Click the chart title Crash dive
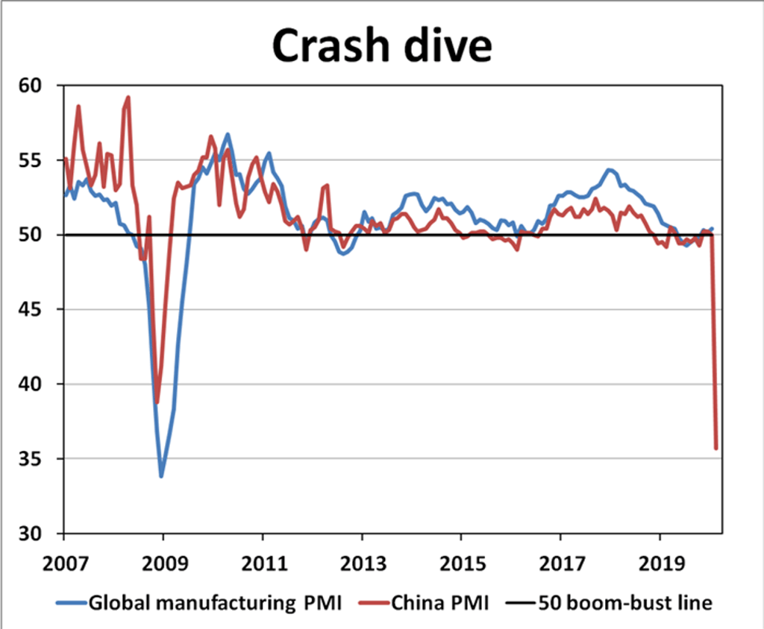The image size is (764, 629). coord(381,46)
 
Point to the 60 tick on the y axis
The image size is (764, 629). coord(33,86)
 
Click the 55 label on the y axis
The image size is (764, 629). coord(33,161)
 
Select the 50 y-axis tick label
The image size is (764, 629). coord(33,236)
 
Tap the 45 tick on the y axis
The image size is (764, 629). coord(33,310)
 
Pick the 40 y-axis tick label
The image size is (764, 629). coord(33,385)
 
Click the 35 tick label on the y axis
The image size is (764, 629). coord(33,459)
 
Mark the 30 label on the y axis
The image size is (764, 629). coord(33,534)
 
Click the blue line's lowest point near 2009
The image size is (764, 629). coord(161,475)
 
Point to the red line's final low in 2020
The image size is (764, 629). coord(716,449)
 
